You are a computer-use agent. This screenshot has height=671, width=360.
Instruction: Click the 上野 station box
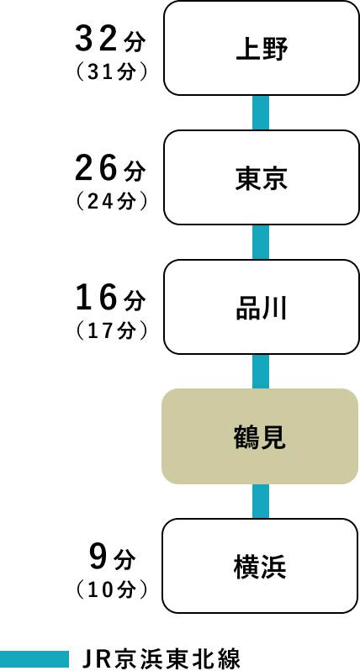pos(261,48)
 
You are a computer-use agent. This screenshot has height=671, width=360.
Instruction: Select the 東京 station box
pos(261,177)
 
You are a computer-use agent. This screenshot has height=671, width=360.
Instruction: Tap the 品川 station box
pos(261,307)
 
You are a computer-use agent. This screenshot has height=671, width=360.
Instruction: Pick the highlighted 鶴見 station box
pos(260,436)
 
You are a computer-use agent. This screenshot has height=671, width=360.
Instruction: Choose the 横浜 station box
pos(260,566)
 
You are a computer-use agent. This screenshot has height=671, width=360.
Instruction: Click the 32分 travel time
pos(110,40)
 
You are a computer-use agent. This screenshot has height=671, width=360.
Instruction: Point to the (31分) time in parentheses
pos(111,72)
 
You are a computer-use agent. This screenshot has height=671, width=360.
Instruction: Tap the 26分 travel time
pos(110,169)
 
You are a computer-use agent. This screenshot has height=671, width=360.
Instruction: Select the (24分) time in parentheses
pos(111,202)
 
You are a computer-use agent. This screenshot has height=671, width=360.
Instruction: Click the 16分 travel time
pos(110,299)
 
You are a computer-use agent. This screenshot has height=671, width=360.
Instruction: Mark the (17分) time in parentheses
pos(111,331)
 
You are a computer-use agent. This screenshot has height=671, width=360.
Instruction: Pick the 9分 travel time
pos(113,557)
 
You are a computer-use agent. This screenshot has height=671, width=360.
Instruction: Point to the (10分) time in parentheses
pos(111,590)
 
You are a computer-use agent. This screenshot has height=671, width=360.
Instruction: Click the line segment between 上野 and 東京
pos(261,113)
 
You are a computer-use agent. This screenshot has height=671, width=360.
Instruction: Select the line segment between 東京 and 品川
pos(261,242)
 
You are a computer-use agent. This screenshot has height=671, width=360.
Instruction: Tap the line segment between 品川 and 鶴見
pos(261,372)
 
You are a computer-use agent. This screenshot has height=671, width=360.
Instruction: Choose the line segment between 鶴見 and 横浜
pos(261,501)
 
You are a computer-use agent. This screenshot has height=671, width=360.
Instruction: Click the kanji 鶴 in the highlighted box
pos(246,437)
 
